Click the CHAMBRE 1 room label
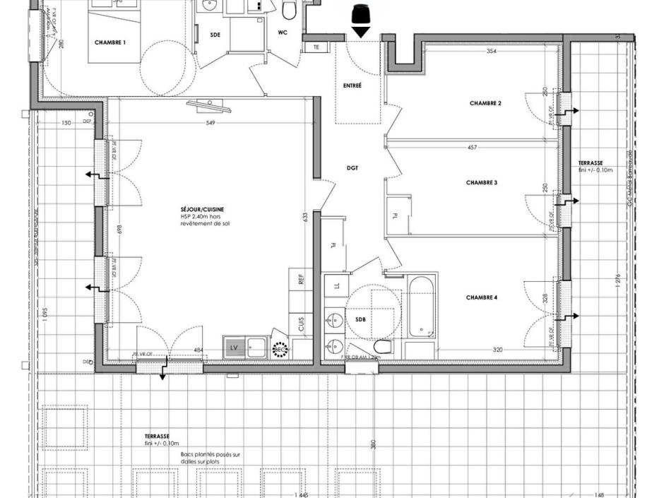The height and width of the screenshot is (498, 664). coord(110,42)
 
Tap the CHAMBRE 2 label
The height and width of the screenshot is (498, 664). coord(485,103)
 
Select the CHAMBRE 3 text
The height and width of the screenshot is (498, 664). coord(482,183)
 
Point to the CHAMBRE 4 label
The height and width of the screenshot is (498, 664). coord(482,298)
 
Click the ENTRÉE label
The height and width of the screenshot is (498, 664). coord(352,85)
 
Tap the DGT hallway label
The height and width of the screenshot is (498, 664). coord(352,168)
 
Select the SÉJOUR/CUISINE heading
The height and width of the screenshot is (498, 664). coord(202,210)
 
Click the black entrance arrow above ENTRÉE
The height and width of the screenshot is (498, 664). coord(361,31)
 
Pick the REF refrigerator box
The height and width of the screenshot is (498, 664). coord(300,280)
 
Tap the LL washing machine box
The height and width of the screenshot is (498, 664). coord(336,285)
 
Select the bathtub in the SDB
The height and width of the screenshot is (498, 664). coord(422,307)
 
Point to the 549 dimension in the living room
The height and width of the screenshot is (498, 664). coord(210,123)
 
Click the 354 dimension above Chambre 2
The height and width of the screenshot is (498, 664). coord(491,52)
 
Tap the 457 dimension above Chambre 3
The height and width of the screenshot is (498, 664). coord(472,148)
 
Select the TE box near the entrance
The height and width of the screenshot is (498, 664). coord(314,47)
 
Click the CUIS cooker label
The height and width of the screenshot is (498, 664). coord(302,324)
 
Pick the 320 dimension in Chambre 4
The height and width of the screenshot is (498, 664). coord(497,350)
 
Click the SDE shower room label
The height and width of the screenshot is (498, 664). coord(215,35)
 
